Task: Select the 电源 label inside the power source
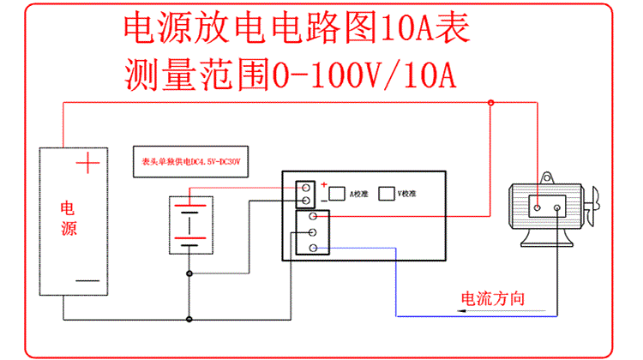point(69,219)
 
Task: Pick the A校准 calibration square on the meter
point(337,194)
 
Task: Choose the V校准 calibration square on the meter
point(387,194)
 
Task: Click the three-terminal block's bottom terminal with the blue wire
point(313,248)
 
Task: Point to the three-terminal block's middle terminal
point(313,232)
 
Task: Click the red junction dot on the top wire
point(490,104)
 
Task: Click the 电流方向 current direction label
point(492,298)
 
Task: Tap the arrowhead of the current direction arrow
point(461,313)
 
